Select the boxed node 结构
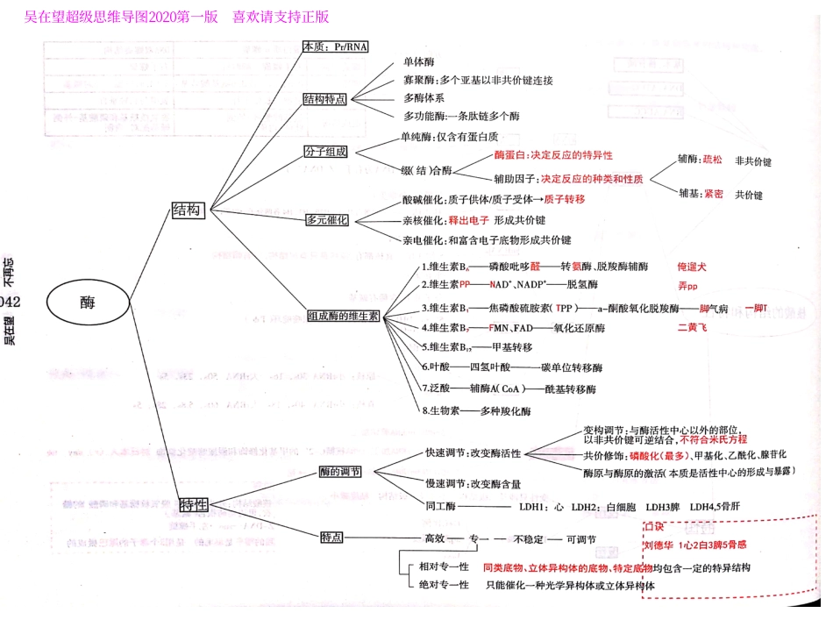click(187, 210)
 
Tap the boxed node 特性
click(193, 504)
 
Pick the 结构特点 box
click(324, 99)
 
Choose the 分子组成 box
click(326, 152)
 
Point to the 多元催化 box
click(327, 219)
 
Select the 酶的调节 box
click(340, 472)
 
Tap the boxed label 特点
click(331, 537)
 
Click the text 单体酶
click(418, 62)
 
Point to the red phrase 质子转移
click(564, 199)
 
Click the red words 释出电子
click(468, 219)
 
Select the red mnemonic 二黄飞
click(692, 327)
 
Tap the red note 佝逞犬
click(692, 266)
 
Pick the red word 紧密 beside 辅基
click(713, 194)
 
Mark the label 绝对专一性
click(445, 585)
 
